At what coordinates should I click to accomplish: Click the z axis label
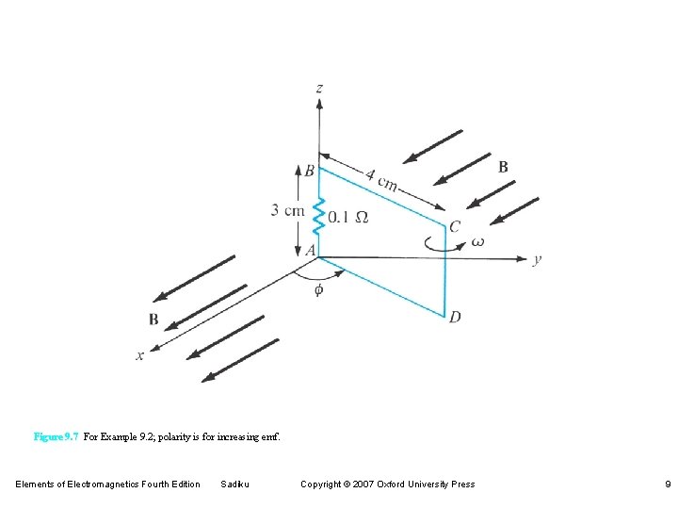(319, 88)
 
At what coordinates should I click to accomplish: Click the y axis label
(536, 260)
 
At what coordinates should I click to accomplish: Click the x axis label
(140, 355)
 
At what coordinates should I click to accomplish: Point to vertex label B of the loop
(309, 171)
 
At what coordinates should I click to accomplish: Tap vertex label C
(454, 227)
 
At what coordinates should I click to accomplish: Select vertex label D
(455, 317)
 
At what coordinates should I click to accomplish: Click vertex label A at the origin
(309, 250)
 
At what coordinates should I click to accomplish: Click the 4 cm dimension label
(381, 178)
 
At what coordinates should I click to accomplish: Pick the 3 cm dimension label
(287, 210)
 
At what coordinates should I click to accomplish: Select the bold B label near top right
(503, 167)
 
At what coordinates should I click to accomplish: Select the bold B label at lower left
(153, 320)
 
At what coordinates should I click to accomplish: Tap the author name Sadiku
(233, 484)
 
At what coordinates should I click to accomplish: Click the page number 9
(666, 484)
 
